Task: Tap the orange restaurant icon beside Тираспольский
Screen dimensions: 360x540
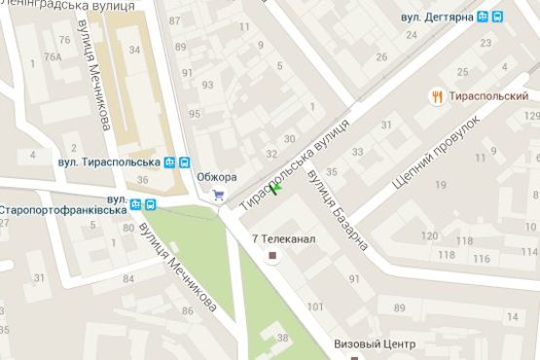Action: [440, 95]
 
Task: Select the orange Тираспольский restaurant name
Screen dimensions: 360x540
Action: [488, 96]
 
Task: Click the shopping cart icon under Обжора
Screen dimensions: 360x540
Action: [218, 195]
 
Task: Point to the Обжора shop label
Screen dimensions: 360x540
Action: [216, 176]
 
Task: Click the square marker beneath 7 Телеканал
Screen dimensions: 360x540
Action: [272, 257]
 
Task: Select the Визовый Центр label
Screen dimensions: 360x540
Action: [375, 344]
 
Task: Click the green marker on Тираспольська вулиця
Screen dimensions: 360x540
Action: [275, 189]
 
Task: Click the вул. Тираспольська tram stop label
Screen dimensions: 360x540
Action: [108, 162]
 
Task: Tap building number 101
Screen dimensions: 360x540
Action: [315, 307]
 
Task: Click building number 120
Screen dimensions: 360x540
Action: [429, 236]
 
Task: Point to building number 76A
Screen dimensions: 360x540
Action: [52, 56]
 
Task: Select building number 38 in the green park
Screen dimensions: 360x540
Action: [282, 338]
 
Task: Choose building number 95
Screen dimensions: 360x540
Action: [194, 114]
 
